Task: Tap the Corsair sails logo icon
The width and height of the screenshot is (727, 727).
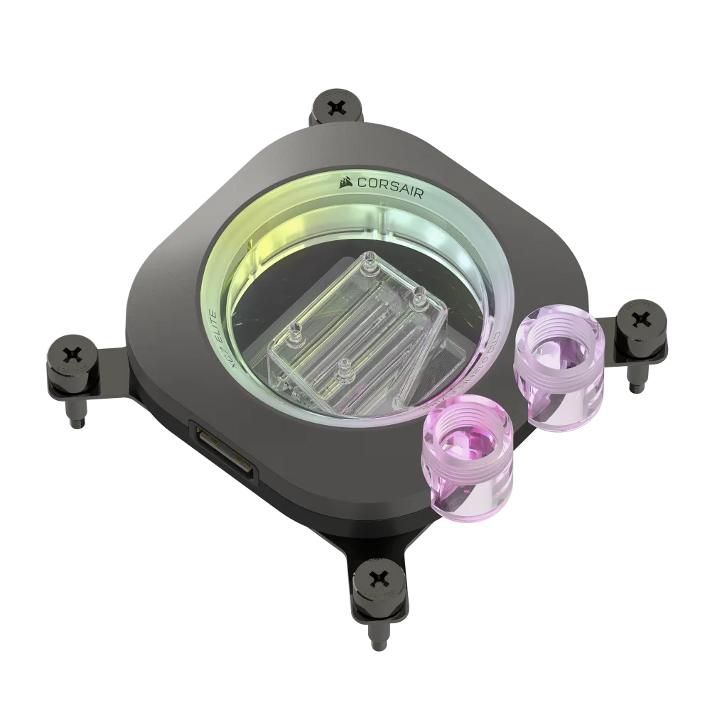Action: [x=346, y=181]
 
